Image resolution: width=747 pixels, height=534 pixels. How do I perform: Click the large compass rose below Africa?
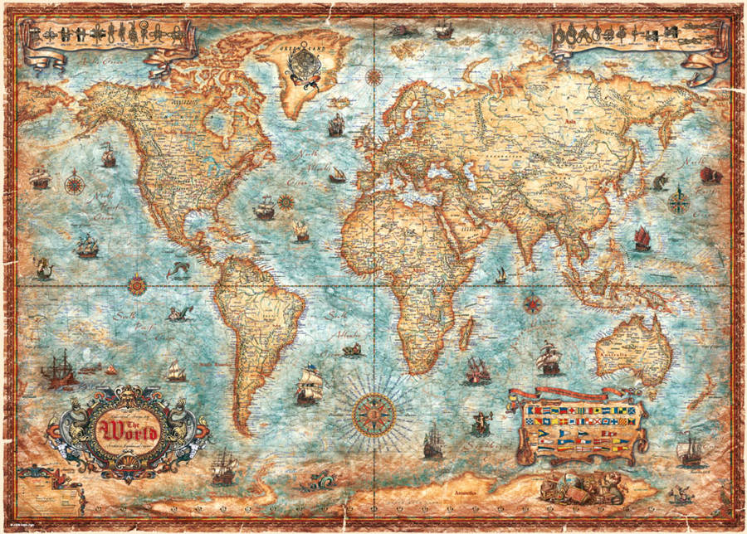click(x=373, y=410)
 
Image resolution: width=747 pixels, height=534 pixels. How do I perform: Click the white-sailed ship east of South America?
click(x=309, y=384)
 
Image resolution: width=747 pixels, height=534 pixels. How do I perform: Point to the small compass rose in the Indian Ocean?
click(x=532, y=303)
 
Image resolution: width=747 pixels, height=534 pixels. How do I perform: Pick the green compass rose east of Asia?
click(x=678, y=200)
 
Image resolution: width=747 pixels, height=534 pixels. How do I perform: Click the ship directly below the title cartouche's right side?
click(x=222, y=468)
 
